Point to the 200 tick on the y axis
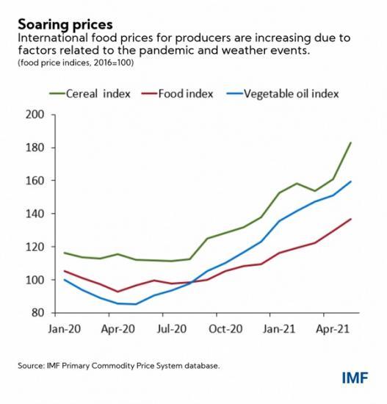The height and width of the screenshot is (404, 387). [37, 115]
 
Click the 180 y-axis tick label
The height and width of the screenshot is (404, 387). [37, 148]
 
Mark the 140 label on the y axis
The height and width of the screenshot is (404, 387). [37, 214]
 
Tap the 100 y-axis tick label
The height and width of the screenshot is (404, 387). [37, 280]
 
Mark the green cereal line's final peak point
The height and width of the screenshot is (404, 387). [351, 143]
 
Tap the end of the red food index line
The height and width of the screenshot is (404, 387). [351, 219]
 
